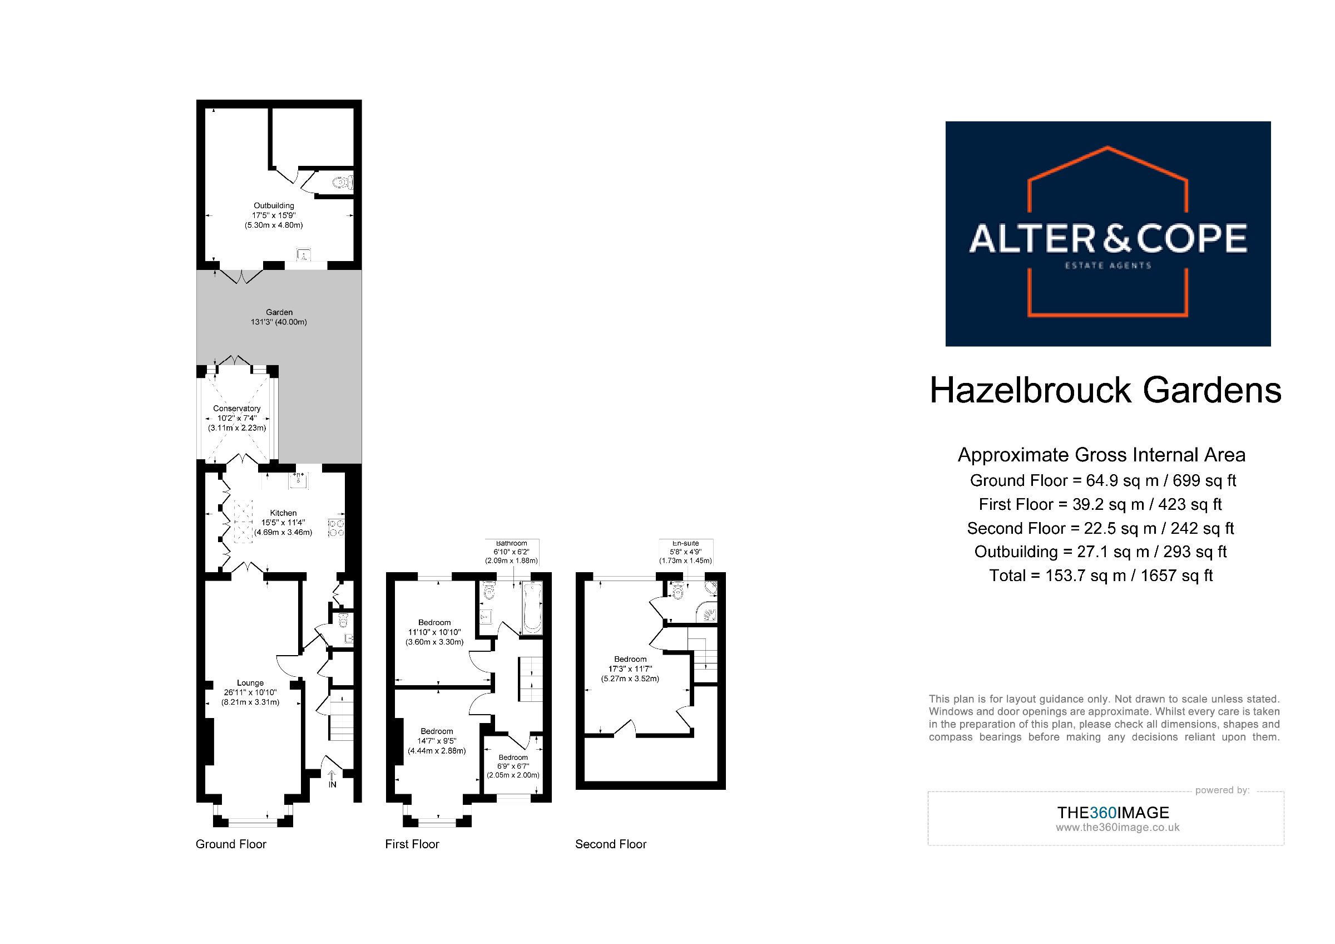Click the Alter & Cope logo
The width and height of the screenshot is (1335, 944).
1107,233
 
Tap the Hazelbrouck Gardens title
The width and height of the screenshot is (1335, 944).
1105,390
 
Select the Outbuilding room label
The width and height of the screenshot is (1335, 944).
274,215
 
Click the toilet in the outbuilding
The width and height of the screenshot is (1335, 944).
343,183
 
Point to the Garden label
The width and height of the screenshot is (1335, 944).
279,317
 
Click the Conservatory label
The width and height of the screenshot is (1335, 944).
237,418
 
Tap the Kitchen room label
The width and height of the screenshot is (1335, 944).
283,522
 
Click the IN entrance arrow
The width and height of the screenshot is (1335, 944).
332,779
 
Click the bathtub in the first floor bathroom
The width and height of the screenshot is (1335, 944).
532,608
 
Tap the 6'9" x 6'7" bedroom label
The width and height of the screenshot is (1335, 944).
513,766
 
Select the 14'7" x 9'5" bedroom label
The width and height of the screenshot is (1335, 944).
437,741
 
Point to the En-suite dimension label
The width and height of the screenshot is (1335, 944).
685,552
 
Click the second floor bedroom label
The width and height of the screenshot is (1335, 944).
630,669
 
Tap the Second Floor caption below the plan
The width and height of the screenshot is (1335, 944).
611,844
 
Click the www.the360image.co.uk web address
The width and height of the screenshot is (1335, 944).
1118,827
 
